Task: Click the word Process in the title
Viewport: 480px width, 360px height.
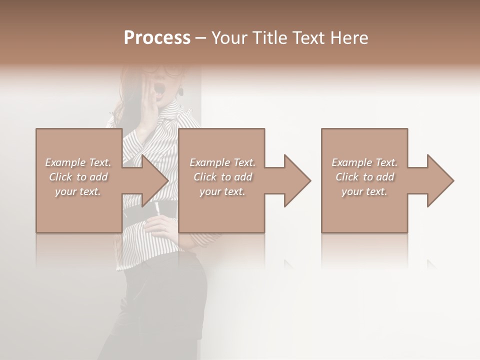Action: [x=157, y=38]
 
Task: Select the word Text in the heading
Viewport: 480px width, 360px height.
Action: [x=309, y=38]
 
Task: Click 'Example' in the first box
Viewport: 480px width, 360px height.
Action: [x=65, y=162]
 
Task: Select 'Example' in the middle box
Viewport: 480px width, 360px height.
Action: [x=209, y=162]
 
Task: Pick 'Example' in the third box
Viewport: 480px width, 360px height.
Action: [x=351, y=162]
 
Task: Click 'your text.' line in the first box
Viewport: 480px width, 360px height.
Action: [x=77, y=191]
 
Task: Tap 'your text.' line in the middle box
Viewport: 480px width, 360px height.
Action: [x=222, y=191]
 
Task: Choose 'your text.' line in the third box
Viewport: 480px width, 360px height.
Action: [x=364, y=191]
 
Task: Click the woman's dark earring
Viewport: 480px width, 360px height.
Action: [x=180, y=92]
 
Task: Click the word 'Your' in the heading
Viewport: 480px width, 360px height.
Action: [x=228, y=38]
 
